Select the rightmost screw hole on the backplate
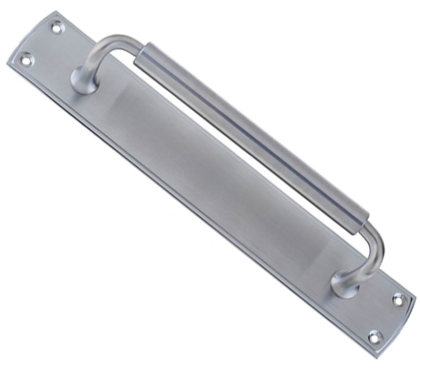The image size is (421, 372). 398,300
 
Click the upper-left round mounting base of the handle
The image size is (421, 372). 82,82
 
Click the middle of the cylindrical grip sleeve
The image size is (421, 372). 251,133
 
